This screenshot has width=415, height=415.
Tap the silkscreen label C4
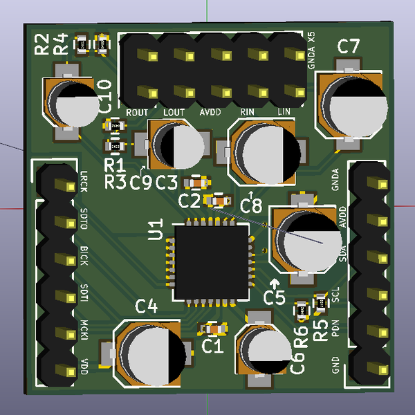(x=146, y=306)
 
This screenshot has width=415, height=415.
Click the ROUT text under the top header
(x=138, y=111)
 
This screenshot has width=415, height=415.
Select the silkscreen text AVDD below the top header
(x=210, y=111)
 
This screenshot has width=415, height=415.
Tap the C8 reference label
(x=251, y=205)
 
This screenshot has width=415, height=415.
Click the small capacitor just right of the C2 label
(x=219, y=201)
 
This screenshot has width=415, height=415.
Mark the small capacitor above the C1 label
(x=212, y=328)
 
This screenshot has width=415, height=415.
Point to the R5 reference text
(x=320, y=331)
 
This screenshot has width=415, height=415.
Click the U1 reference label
(x=156, y=230)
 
